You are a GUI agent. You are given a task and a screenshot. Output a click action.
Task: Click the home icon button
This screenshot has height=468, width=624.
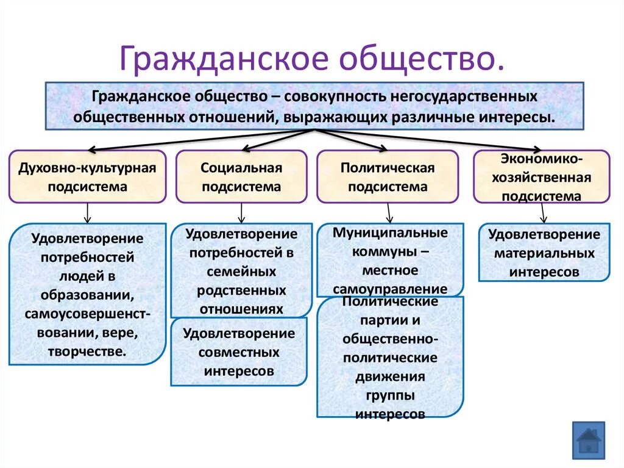(x=589, y=440)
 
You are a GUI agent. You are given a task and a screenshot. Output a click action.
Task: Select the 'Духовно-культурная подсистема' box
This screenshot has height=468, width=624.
(x=87, y=177)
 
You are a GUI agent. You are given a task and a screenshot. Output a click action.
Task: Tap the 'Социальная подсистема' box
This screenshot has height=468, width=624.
(x=241, y=177)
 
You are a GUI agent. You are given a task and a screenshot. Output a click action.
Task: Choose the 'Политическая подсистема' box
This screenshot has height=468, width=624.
(x=388, y=177)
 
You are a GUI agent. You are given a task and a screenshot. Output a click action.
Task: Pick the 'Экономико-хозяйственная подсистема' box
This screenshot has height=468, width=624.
(x=542, y=177)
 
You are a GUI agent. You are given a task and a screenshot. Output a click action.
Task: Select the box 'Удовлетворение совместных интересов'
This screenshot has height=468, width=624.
(x=239, y=352)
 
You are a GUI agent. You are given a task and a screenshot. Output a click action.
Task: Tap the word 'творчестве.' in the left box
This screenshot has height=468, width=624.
(x=87, y=351)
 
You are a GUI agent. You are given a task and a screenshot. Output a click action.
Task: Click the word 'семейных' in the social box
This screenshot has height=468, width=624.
(x=241, y=271)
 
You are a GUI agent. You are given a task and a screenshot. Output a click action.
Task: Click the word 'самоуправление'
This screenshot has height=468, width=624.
(x=390, y=289)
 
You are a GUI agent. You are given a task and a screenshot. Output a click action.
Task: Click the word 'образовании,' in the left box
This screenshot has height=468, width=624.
(x=88, y=295)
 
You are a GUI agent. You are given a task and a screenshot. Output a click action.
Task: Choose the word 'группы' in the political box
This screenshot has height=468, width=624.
(x=390, y=395)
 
